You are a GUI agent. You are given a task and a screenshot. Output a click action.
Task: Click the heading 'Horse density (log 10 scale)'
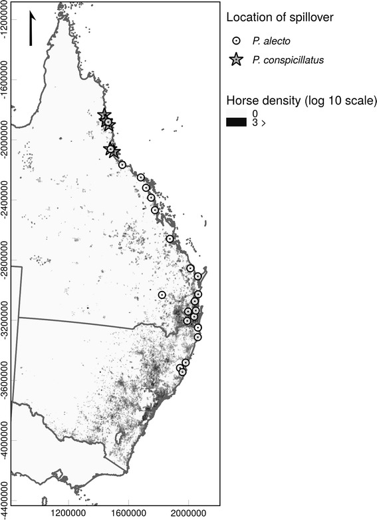[x=301, y=101]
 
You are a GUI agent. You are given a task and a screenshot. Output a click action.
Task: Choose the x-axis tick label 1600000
[x=128, y=513]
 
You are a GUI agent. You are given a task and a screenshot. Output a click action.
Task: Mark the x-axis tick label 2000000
[x=188, y=513]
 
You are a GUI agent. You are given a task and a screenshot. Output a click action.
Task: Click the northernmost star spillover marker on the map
[x=104, y=116]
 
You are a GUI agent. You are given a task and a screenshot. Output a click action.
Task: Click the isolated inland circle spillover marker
[x=162, y=294]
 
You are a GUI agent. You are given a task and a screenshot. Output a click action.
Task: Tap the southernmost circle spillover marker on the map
[x=183, y=372]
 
